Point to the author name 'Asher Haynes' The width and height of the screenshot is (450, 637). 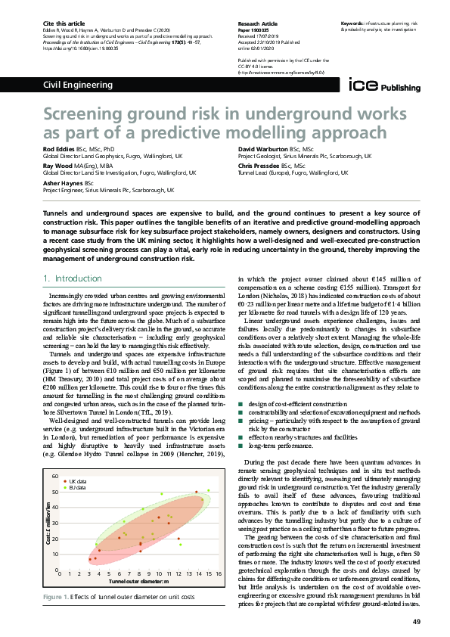click(64, 183)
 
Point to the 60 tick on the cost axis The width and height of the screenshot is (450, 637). click(54, 477)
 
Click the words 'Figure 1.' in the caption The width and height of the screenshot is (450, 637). click(57, 597)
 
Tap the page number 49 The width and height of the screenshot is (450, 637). click(417, 621)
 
